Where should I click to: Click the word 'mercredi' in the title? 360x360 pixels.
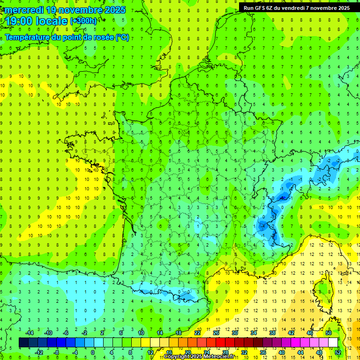tap(22, 10)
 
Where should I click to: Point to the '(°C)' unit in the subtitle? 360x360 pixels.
tap(122, 37)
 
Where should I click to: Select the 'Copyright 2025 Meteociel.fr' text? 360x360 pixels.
tap(199, 357)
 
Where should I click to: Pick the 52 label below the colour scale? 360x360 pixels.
tap(338, 352)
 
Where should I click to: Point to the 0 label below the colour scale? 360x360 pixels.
tap(93, 352)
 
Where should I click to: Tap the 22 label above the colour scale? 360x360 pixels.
tap(197, 333)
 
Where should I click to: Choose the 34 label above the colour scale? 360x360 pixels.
tap(254, 333)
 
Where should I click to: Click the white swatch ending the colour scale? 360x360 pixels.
tap(333, 343)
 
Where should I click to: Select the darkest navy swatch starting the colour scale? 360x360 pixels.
tap(23, 343)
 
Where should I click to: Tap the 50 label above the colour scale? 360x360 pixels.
tap(329, 333)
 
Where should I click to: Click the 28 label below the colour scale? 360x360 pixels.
tap(225, 352)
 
